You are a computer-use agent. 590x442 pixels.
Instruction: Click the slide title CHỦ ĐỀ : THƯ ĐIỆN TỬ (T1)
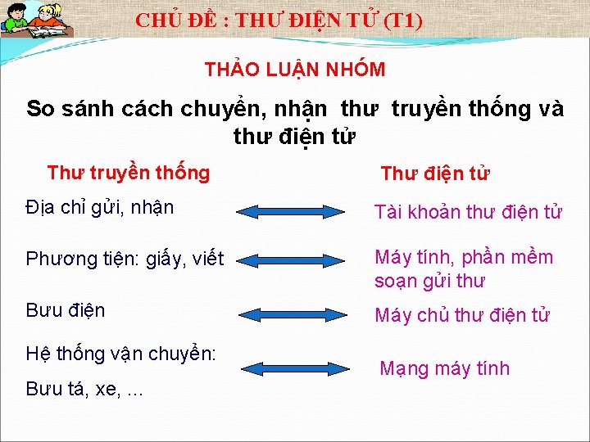pyautogui.click(x=279, y=20)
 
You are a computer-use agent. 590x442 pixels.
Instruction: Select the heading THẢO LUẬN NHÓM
pyautogui.click(x=295, y=70)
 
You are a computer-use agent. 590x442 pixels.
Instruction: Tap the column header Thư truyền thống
pyautogui.click(x=129, y=173)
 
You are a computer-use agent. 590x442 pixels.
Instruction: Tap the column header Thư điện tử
pyautogui.click(x=435, y=174)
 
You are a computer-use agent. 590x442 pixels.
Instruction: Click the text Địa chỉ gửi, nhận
pyautogui.click(x=100, y=207)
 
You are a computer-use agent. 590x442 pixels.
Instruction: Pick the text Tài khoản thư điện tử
pyautogui.click(x=468, y=213)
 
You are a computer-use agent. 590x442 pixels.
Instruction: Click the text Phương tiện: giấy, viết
pyautogui.click(x=125, y=259)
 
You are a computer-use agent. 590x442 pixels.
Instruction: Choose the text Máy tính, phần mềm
pyautogui.click(x=464, y=258)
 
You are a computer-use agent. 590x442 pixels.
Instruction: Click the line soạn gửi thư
pyautogui.click(x=429, y=282)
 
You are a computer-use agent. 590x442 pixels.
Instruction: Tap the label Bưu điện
pyautogui.click(x=66, y=311)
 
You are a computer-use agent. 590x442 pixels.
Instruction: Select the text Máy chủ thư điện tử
pyautogui.click(x=462, y=315)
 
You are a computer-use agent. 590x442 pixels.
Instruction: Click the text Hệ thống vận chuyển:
pyautogui.click(x=121, y=354)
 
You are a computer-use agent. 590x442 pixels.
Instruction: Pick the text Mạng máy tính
pyautogui.click(x=444, y=368)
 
